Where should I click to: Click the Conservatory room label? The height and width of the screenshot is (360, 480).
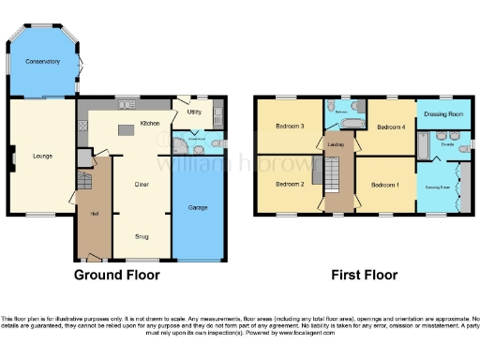43,62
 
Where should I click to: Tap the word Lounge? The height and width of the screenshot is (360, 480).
41,156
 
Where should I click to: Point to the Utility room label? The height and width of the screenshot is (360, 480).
194,112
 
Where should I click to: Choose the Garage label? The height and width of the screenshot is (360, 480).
198,206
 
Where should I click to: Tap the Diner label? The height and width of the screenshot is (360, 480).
142,185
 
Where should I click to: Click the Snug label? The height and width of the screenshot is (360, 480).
142,236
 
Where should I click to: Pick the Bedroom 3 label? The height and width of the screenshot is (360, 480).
289,127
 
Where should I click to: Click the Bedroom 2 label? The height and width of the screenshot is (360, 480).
289,185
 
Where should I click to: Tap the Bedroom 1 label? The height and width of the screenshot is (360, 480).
384,185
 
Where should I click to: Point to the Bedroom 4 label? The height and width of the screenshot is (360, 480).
389,127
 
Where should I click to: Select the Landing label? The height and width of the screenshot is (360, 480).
335,143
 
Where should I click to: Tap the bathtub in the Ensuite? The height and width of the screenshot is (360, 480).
423,147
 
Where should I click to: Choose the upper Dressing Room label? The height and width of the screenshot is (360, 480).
442,114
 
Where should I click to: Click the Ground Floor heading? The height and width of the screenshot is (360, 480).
116,276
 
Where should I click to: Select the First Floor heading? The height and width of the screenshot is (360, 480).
364,276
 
